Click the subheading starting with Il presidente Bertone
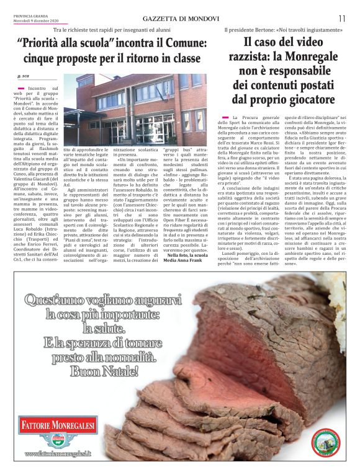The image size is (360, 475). (x=283, y=30)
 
